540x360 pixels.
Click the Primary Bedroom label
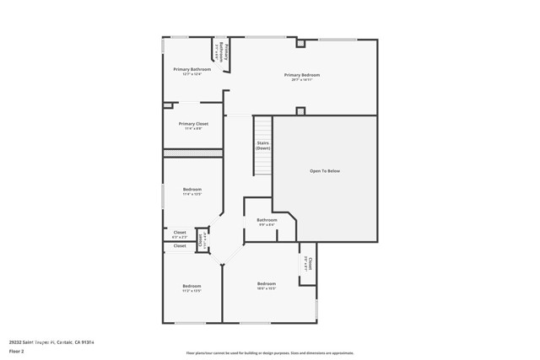(x=305, y=75)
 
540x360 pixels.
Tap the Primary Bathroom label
(x=192, y=69)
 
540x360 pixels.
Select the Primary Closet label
(x=193, y=124)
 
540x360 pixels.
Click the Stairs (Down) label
(x=263, y=145)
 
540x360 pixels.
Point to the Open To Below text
(x=325, y=171)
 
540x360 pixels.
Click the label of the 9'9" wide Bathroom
(x=267, y=220)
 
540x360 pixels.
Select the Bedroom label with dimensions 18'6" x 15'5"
(x=267, y=283)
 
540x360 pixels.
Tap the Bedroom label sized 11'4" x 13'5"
(x=192, y=190)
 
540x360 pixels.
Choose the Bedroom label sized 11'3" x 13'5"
(x=192, y=286)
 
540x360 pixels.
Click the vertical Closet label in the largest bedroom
(x=309, y=264)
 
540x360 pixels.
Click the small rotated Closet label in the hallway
(x=201, y=239)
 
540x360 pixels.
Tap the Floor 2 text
(x=16, y=352)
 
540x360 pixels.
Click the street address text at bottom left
(x=57, y=342)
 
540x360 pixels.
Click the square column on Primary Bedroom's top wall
(x=300, y=42)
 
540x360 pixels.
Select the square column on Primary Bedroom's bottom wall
(x=300, y=110)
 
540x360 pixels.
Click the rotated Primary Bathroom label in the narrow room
(x=221, y=54)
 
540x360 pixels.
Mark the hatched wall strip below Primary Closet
(x=192, y=153)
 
